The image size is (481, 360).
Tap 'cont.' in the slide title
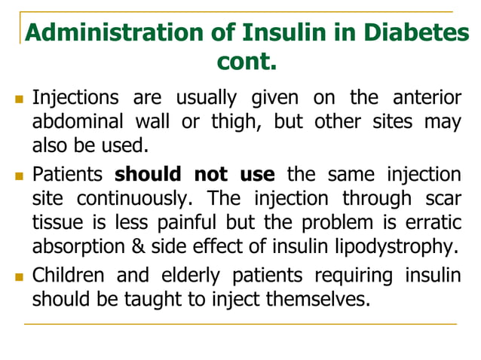[247, 61]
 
